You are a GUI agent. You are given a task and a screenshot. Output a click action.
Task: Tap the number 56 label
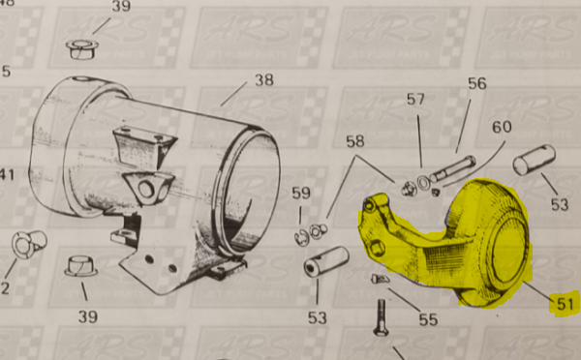(x=476, y=83)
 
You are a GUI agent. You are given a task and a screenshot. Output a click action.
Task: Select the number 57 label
(x=415, y=99)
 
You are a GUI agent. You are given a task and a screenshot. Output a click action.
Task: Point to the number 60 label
(x=501, y=128)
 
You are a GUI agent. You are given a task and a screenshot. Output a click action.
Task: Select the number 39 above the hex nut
(x=120, y=7)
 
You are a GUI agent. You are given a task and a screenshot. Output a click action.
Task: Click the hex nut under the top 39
(x=79, y=45)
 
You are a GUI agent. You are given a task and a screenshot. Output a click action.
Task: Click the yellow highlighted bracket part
(x=445, y=242)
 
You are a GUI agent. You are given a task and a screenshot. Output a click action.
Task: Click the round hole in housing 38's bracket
(x=150, y=186)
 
